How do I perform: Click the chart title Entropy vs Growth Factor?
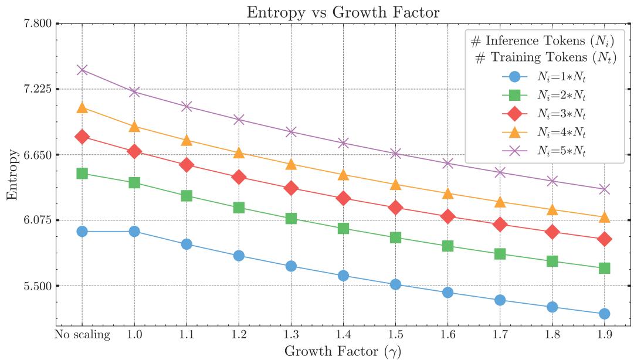click(x=343, y=12)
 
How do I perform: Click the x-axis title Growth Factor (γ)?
click(x=343, y=351)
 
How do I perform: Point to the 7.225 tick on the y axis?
click(x=37, y=89)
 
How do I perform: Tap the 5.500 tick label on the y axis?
click(x=37, y=286)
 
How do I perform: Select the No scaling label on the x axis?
click(x=82, y=335)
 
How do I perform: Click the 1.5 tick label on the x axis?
click(x=395, y=335)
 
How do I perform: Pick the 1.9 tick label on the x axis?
click(x=604, y=335)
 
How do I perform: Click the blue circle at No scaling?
click(x=82, y=232)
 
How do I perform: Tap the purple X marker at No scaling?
click(x=82, y=70)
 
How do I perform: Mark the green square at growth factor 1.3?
click(x=291, y=219)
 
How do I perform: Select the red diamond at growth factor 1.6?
click(x=447, y=216)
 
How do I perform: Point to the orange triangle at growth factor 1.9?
click(x=604, y=218)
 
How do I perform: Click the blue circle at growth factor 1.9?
click(x=604, y=314)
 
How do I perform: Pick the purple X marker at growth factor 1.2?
click(x=239, y=120)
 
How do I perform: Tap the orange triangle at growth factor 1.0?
click(x=134, y=127)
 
